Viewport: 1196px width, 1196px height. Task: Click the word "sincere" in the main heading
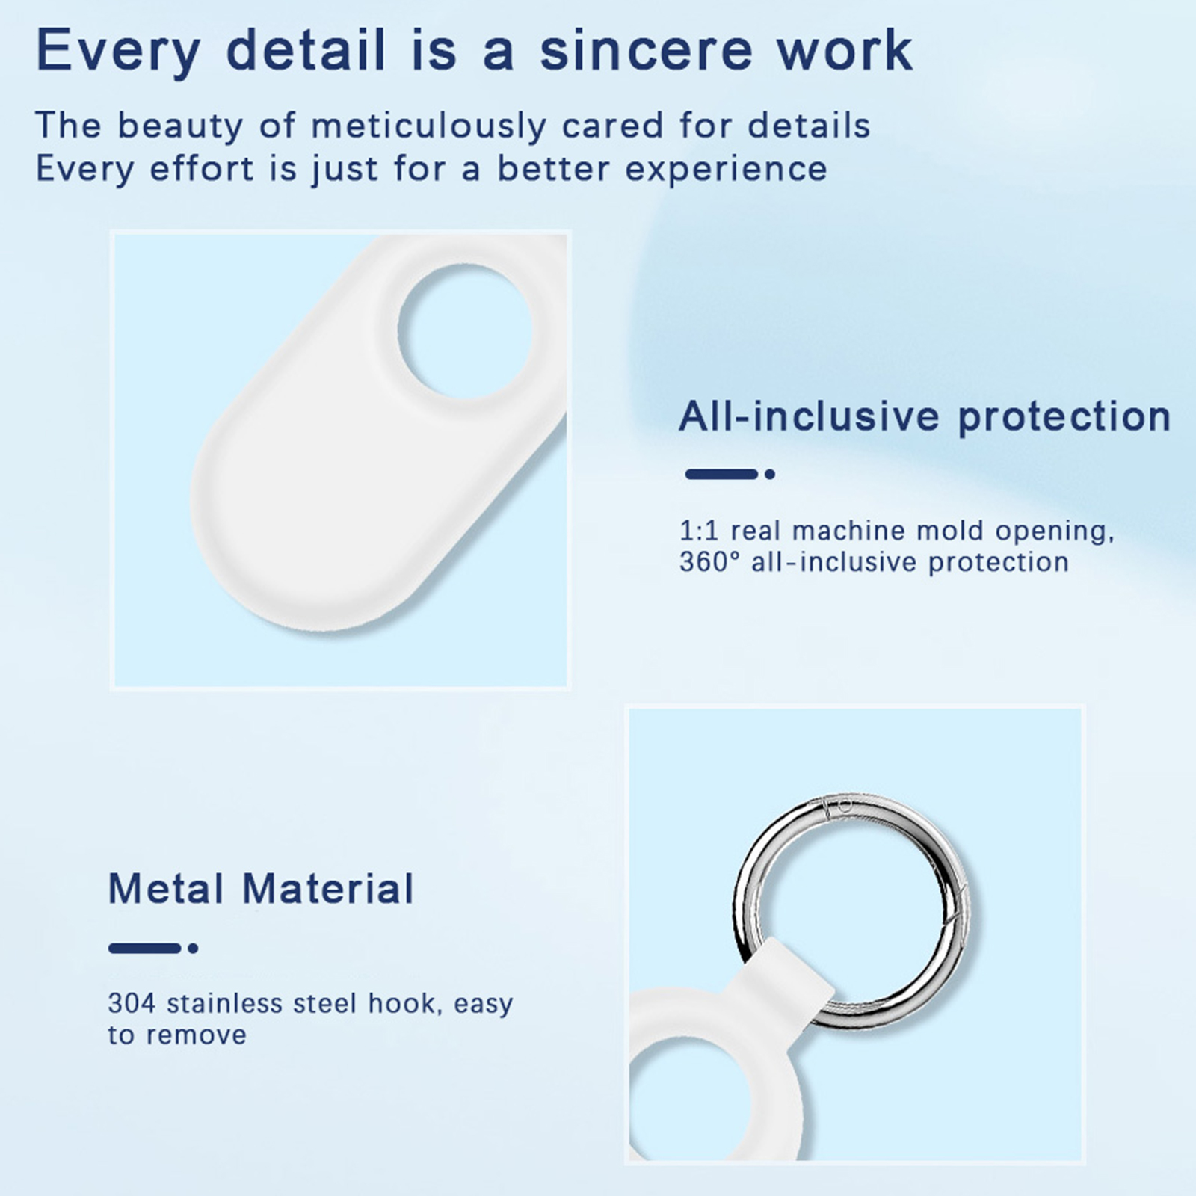646,50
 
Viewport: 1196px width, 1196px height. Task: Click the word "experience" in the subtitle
726,170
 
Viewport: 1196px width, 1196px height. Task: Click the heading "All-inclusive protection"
925,417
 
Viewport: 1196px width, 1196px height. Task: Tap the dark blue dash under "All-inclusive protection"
721,474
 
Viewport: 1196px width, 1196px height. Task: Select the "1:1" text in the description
698,531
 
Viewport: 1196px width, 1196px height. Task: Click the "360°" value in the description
709,562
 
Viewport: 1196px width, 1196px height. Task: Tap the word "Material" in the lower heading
328,889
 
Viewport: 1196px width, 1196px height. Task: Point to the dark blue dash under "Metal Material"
145,949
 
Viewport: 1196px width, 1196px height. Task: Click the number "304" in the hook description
131,1003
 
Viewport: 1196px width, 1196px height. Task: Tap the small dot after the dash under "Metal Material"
193,949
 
